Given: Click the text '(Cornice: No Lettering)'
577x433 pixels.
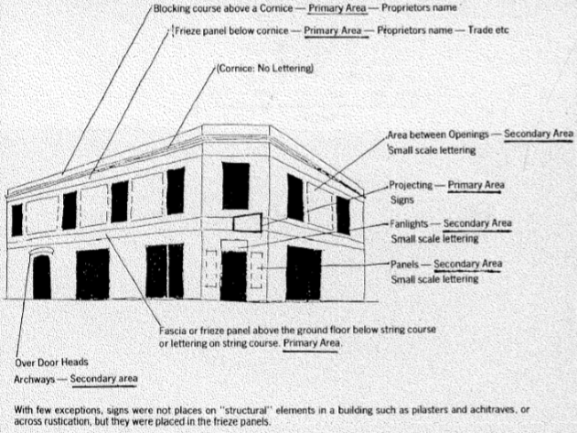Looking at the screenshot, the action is coord(265,69).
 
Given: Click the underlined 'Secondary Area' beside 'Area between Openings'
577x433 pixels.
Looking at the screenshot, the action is coord(539,134).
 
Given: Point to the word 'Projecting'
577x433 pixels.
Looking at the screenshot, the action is coord(411,185).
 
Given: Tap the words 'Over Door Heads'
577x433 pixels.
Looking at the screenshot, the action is coord(51,363).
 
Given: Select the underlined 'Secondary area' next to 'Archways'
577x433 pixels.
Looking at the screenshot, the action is coord(103,378).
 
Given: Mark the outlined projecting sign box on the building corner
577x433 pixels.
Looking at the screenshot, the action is coord(248,222).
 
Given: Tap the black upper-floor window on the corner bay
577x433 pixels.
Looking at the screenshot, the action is coord(236,186).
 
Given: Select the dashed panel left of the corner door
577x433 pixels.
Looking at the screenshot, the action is coord(211,268).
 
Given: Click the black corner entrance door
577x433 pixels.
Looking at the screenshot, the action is coord(234,276).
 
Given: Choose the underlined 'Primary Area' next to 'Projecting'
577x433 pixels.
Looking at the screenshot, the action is coord(475,185).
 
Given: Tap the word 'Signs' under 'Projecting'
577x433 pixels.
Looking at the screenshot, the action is coord(402,200).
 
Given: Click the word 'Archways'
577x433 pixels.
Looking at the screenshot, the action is coord(35,379).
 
